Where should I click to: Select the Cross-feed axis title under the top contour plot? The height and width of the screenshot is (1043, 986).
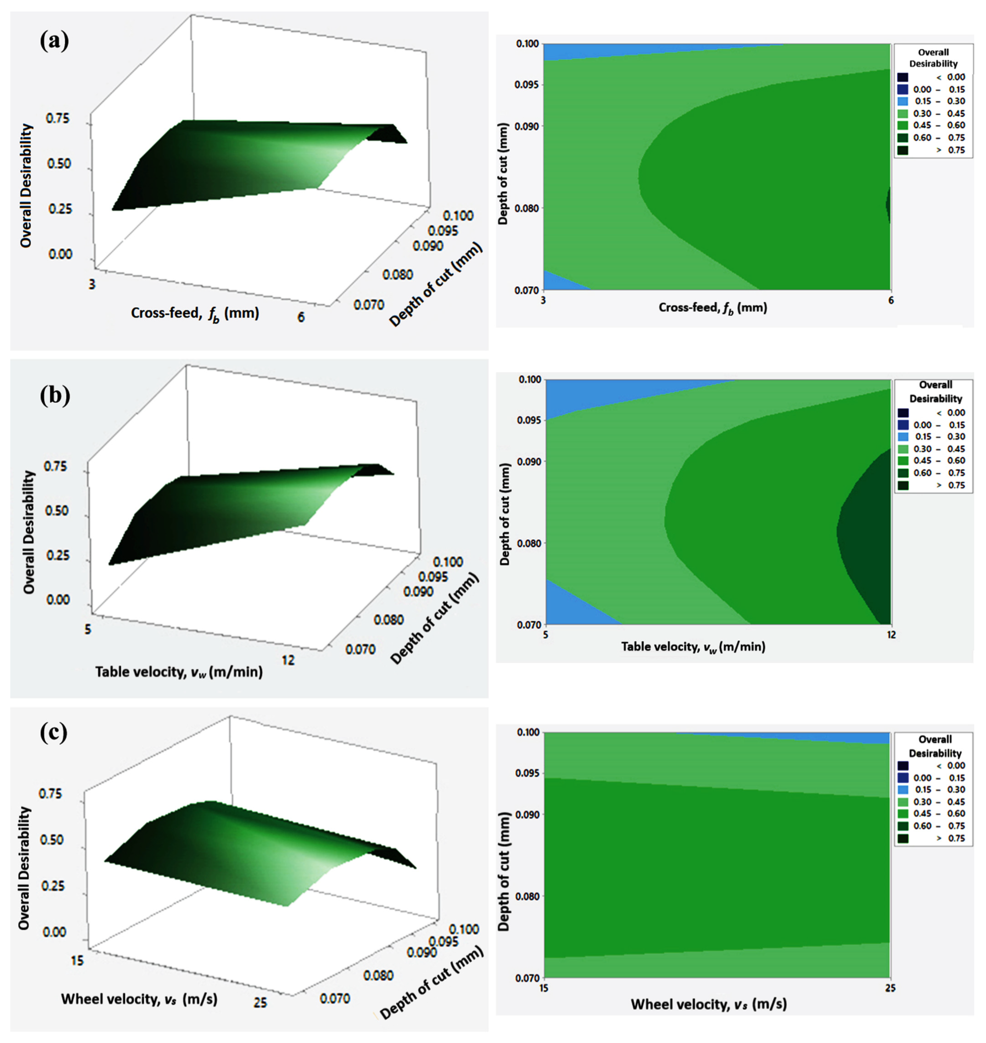point(713,308)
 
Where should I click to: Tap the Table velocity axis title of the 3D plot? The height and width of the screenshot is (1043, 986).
point(179,672)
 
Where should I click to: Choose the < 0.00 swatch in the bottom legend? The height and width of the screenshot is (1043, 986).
point(903,766)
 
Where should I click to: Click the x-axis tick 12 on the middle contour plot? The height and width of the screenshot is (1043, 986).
point(891,634)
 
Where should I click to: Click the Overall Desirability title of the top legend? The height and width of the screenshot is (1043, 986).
point(934,58)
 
